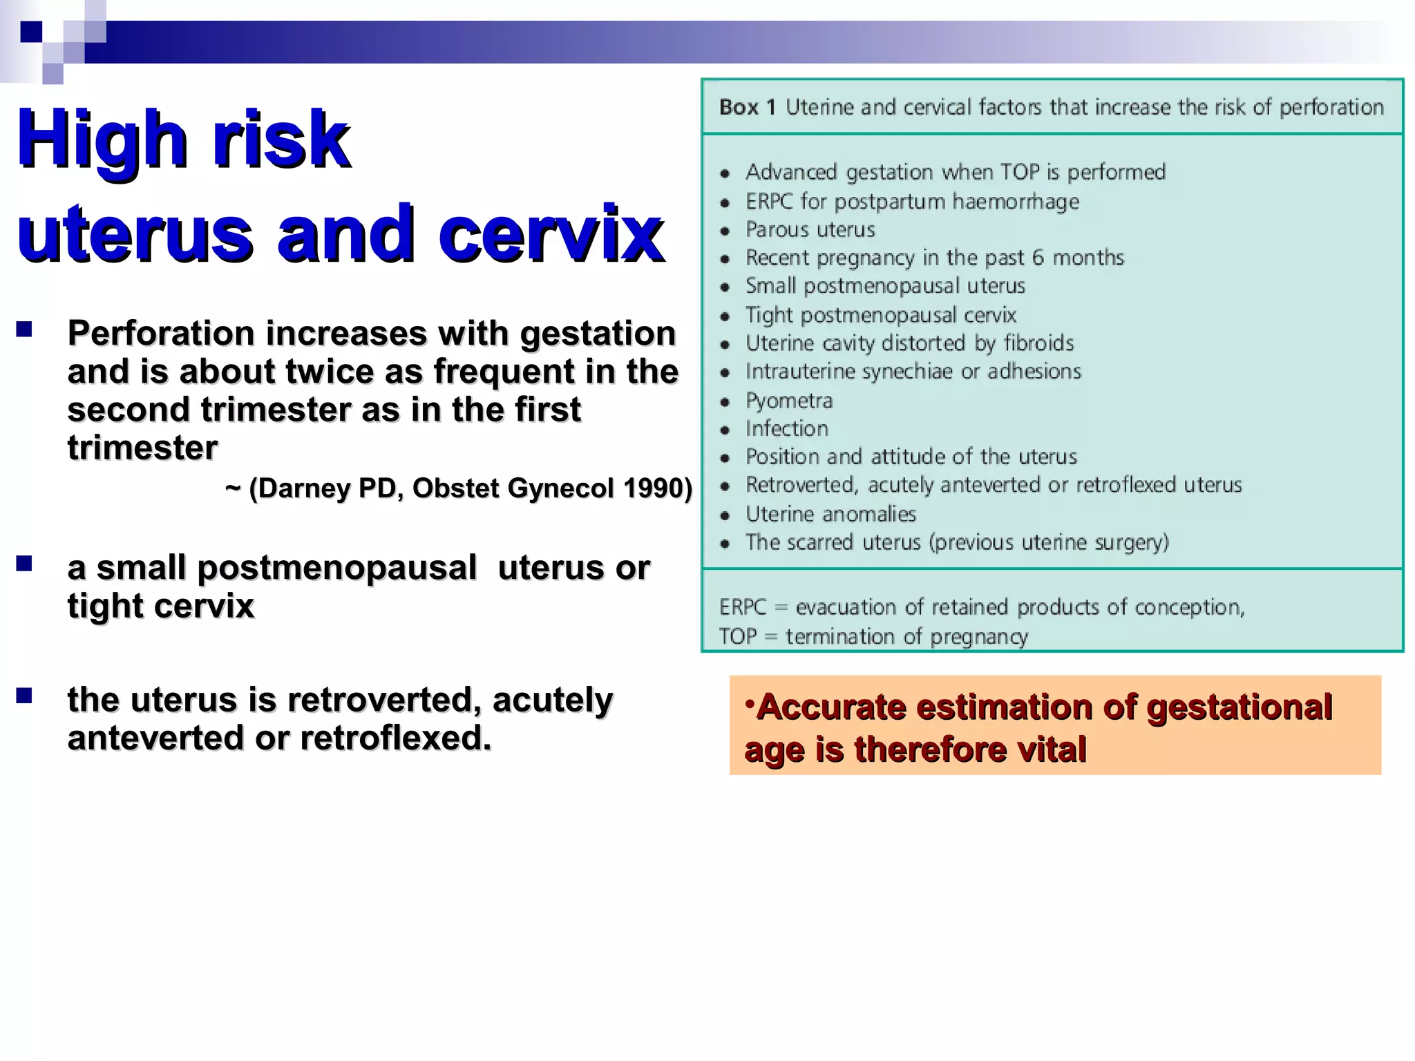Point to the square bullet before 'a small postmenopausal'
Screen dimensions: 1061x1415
[x=25, y=564]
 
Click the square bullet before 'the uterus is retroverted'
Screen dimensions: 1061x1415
[x=25, y=696]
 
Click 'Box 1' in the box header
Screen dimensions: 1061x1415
[x=747, y=108]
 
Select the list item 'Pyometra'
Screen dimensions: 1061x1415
[x=789, y=401]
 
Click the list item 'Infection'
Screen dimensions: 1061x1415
[x=786, y=429]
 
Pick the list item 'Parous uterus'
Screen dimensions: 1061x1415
[x=810, y=229]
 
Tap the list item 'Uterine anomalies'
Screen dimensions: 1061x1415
[x=830, y=514]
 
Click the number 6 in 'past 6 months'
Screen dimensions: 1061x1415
[x=1038, y=258]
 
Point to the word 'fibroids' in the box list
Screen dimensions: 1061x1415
[x=1038, y=343]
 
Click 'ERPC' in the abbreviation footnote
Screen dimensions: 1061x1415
[x=743, y=607]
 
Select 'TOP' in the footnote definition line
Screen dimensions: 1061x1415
[x=738, y=636]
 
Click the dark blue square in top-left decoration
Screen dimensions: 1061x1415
[x=31, y=32]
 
